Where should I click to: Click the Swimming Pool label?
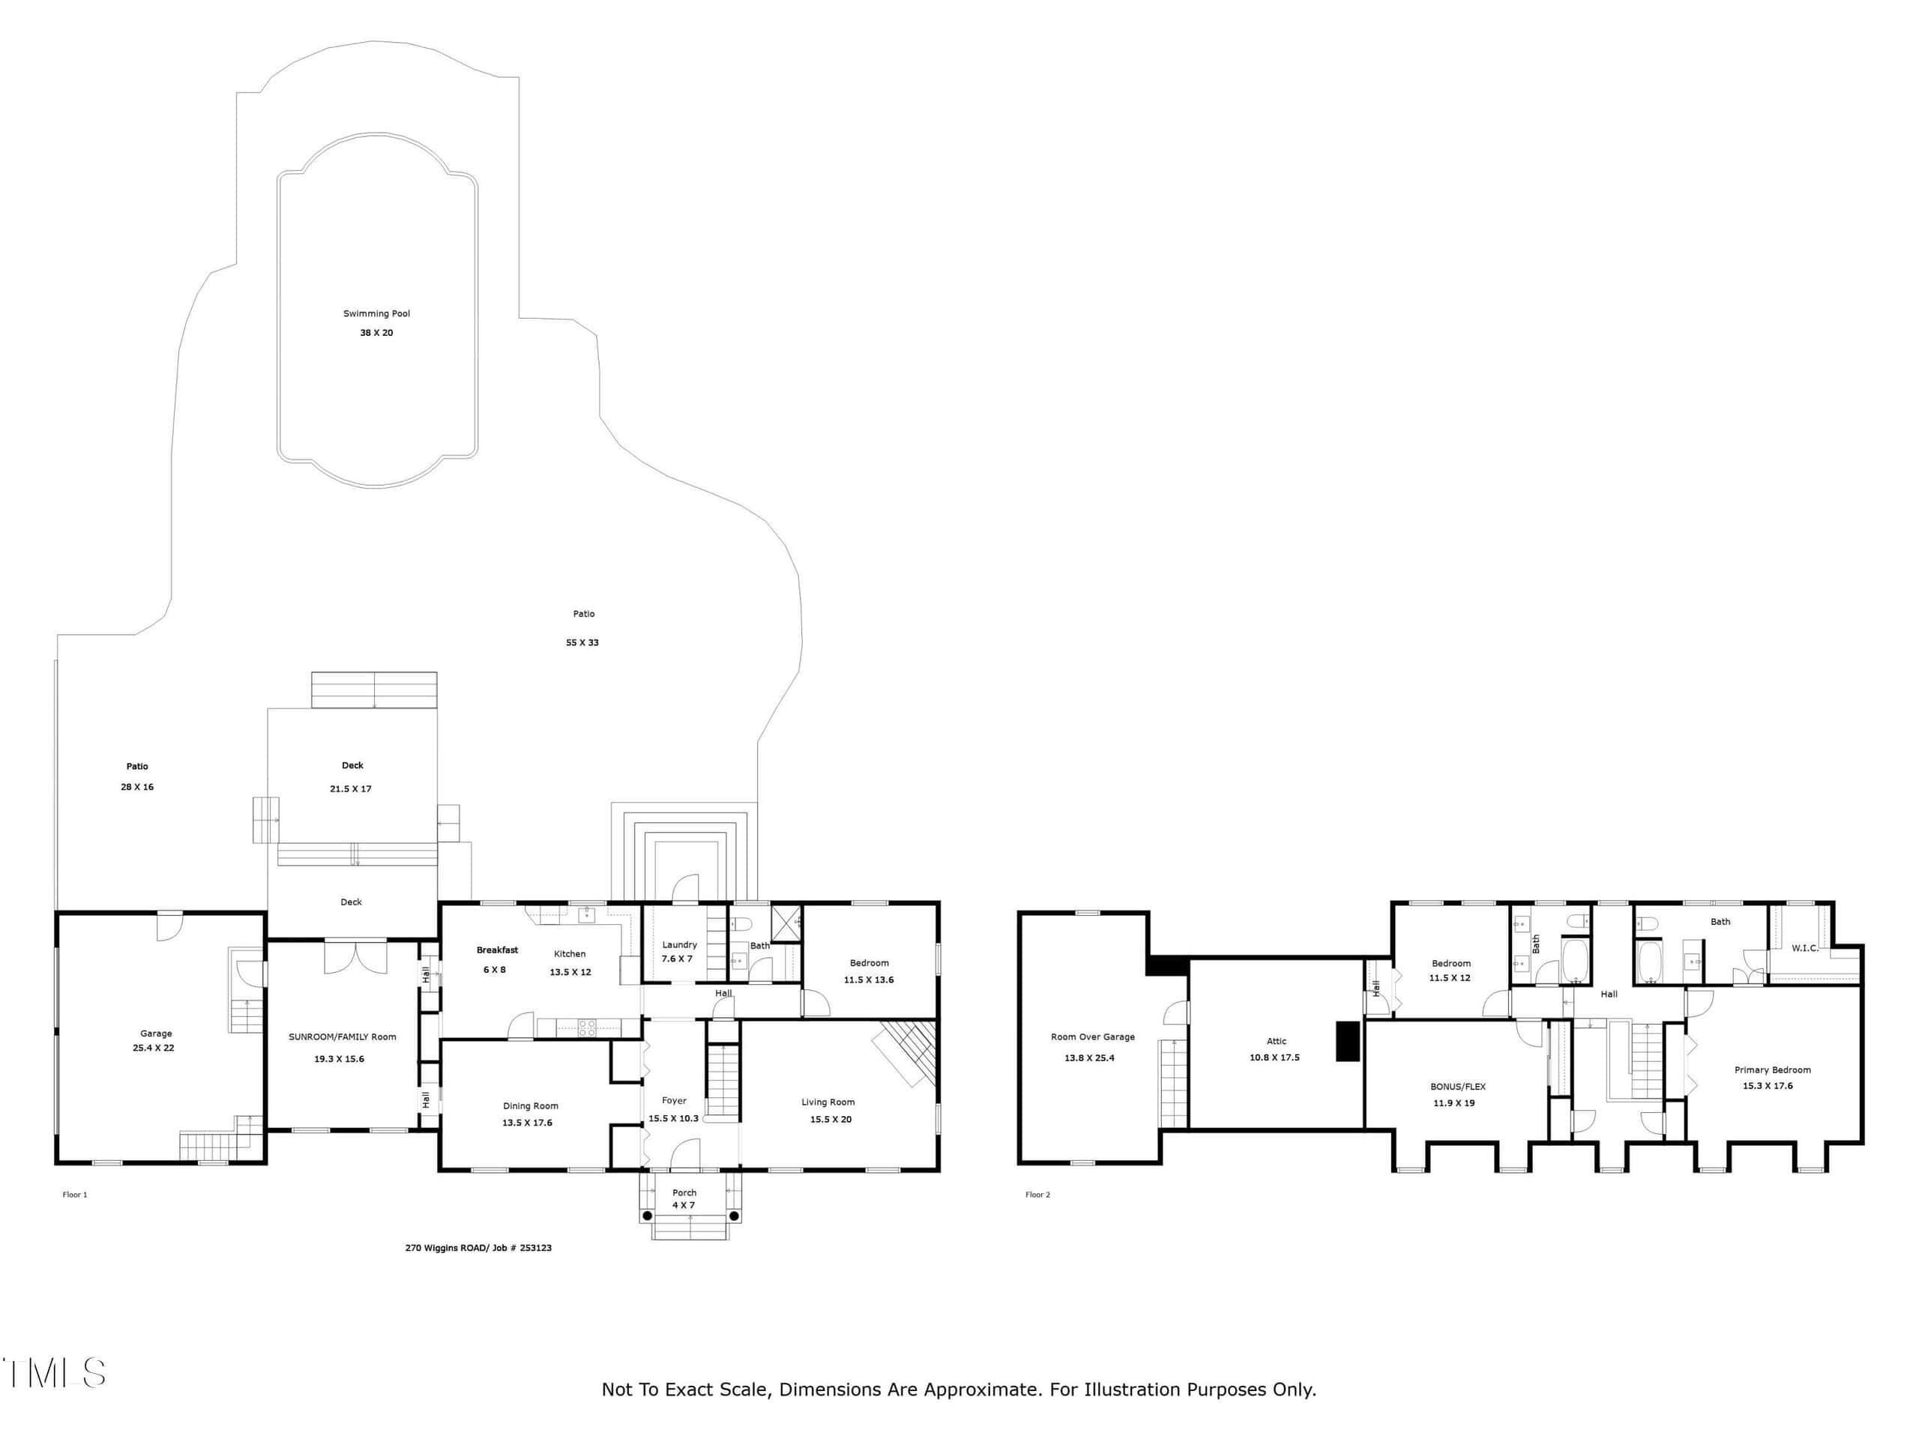click(x=376, y=314)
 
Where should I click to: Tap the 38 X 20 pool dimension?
click(x=376, y=333)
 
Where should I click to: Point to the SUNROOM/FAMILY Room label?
click(x=343, y=1037)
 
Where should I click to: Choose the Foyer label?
click(x=674, y=1101)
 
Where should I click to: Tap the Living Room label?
click(x=828, y=1102)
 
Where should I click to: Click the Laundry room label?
click(x=679, y=944)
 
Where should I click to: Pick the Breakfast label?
click(x=497, y=950)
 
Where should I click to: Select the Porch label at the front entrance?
click(x=684, y=1192)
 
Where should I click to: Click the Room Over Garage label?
click(x=1093, y=1037)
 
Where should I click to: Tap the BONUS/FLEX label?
click(x=1458, y=1086)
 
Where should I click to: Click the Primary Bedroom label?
click(x=1772, y=1070)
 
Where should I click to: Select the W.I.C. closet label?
click(x=1805, y=948)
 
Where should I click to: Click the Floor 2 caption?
click(x=1037, y=1195)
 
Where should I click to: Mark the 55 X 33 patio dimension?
click(x=582, y=643)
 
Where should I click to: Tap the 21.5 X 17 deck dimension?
click(x=351, y=788)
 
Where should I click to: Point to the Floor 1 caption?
click(x=75, y=1195)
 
